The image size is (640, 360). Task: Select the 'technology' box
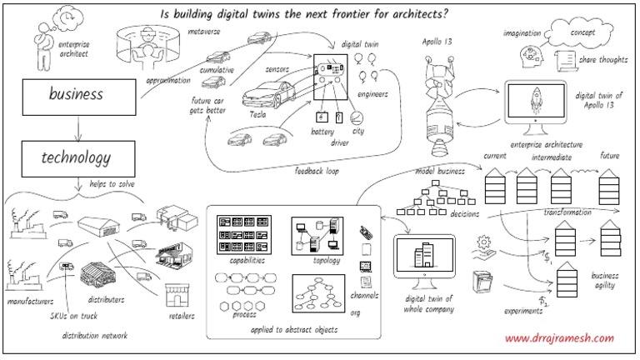(x=77, y=156)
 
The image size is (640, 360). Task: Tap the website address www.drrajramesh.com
(x=560, y=338)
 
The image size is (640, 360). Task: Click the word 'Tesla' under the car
(x=257, y=114)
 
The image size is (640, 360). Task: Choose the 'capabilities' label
(x=244, y=260)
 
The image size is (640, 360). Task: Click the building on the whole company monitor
(x=425, y=256)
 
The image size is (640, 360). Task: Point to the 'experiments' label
(x=523, y=311)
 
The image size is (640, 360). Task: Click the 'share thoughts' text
(x=604, y=59)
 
